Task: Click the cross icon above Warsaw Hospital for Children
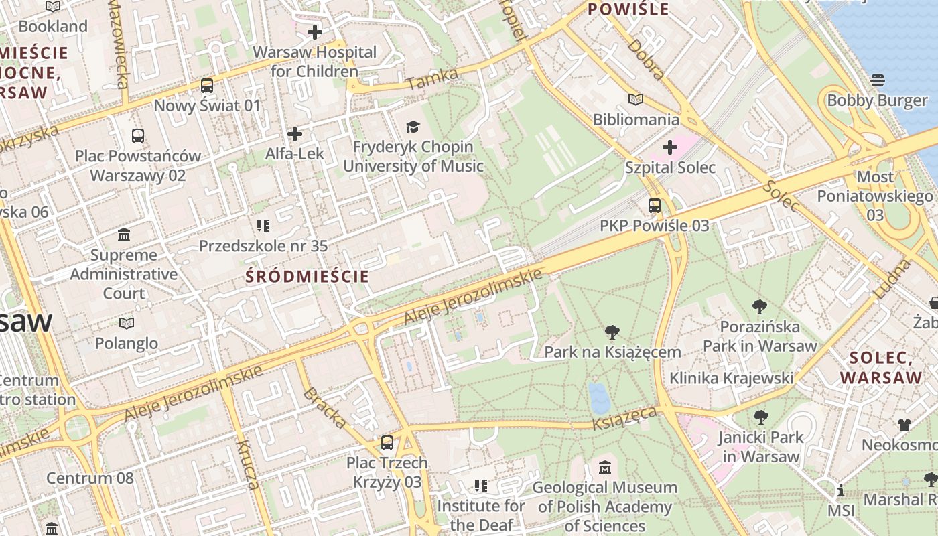315,31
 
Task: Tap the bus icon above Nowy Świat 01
207,86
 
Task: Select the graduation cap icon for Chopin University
413,127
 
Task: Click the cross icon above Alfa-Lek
295,134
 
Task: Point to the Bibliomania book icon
636,100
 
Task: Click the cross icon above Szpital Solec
670,147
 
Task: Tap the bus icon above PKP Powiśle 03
655,206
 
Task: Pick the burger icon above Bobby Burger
878,80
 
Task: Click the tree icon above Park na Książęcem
612,332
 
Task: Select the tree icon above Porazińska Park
760,307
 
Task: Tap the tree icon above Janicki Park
760,417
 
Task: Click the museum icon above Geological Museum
605,467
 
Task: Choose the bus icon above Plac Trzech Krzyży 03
387,442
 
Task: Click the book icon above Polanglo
126,323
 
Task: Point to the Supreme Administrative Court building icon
124,234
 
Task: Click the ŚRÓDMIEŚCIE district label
307,276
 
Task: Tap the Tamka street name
432,79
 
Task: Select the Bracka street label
326,407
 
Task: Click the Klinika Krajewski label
731,378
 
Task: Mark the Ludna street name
892,279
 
